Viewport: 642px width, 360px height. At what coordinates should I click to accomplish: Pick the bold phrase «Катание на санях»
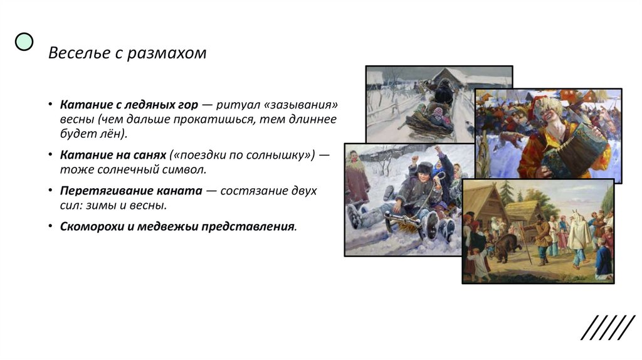tap(113, 154)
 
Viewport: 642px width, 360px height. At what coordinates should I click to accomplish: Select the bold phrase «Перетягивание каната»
tap(131, 190)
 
